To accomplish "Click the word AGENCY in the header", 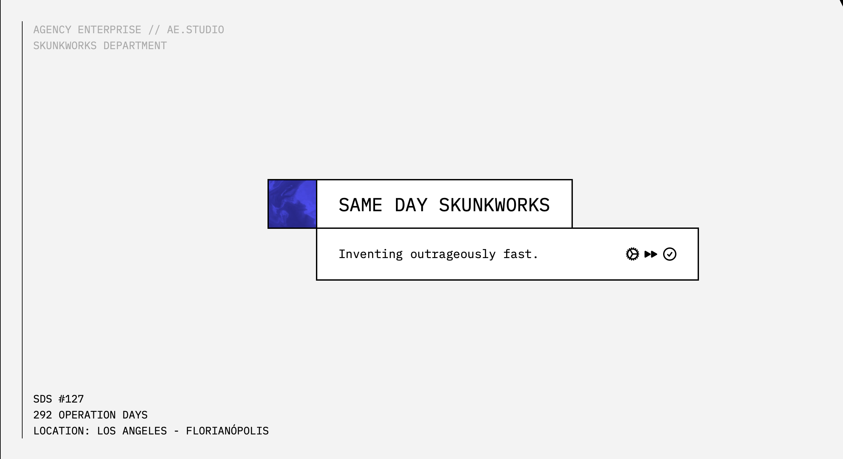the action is (x=52, y=30).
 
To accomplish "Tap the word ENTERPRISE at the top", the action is (x=110, y=30).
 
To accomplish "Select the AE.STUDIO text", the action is (x=195, y=30).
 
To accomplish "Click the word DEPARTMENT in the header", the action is (x=135, y=46).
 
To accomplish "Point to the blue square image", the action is (x=292, y=204).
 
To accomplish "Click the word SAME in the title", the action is (x=360, y=205).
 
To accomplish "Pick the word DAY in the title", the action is (x=411, y=205).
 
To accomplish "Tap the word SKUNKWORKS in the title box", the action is (x=494, y=205).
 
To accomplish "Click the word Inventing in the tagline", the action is (x=371, y=254).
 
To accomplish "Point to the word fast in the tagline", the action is (x=517, y=254).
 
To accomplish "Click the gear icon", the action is (x=632, y=254).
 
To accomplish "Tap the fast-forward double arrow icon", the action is (x=651, y=254).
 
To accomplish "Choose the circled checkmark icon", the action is (x=670, y=254).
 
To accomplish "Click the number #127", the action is (x=71, y=399).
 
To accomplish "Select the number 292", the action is (x=43, y=415).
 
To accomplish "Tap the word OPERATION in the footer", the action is (x=87, y=415).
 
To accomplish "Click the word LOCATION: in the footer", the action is (x=62, y=431).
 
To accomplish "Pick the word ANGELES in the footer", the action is (x=145, y=431).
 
